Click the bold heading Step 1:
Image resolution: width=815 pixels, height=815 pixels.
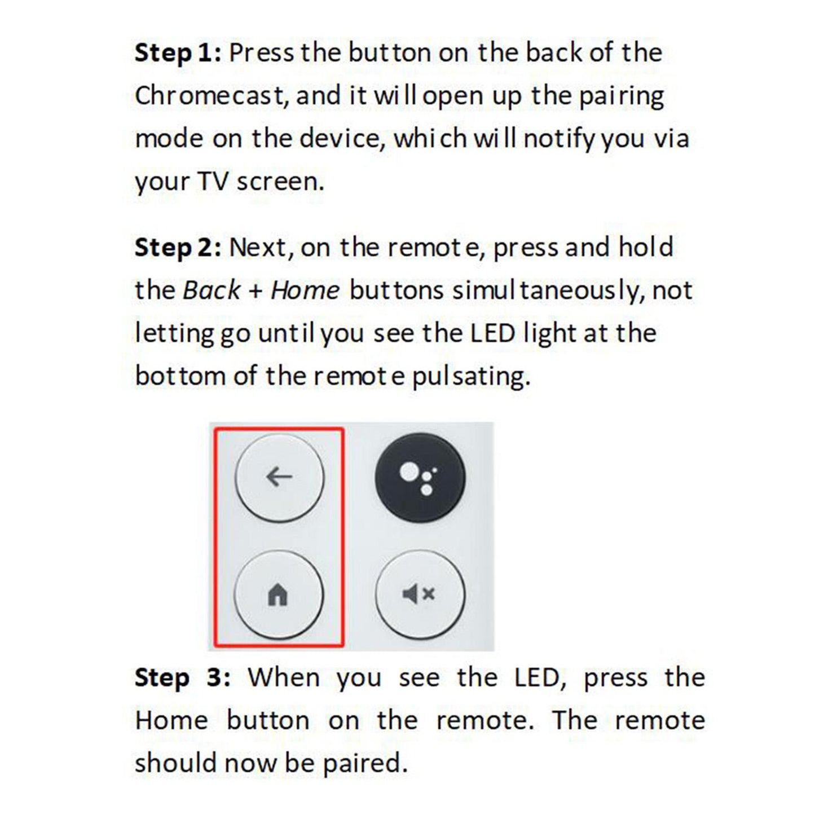coord(178,53)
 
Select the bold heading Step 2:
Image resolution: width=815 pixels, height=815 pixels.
coord(178,248)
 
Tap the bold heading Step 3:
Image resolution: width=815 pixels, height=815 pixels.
coord(182,677)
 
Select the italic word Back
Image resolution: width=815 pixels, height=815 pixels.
coord(212,290)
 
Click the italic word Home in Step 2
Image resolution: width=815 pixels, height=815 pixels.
coord(305,290)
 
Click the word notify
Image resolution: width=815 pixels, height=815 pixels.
coord(558,139)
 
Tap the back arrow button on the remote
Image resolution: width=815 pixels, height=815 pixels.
coord(279,477)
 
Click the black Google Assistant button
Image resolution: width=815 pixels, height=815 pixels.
coord(420,477)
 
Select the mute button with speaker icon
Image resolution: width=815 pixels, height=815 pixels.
coord(420,594)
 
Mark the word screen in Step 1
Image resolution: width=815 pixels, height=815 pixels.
coord(280,182)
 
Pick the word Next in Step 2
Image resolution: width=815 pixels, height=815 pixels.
coord(261,248)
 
